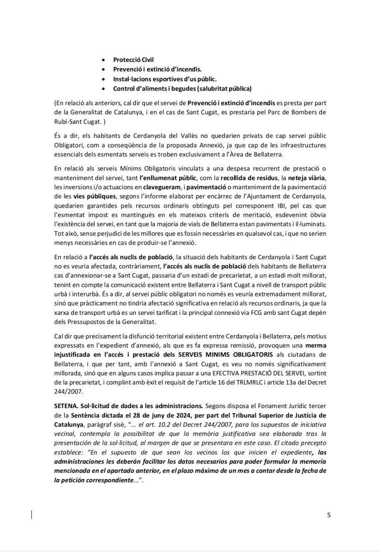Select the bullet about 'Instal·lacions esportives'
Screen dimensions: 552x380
pyautogui.click(x=157, y=79)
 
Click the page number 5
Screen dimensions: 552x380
pyautogui.click(x=329, y=515)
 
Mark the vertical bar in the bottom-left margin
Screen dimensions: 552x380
pyautogui.click(x=31, y=514)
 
